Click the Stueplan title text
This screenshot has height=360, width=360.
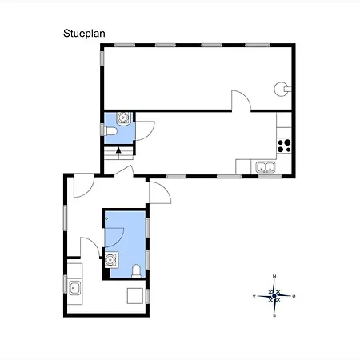(x=84, y=34)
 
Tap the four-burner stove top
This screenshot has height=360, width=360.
(x=284, y=146)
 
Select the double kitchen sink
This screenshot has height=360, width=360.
(x=266, y=167)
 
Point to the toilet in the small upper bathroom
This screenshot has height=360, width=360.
(x=110, y=131)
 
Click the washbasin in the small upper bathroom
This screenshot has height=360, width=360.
(x=123, y=118)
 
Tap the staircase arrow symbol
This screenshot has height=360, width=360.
(x=118, y=150)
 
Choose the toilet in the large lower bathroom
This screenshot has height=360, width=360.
(x=136, y=271)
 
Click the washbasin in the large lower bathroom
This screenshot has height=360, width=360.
(x=110, y=259)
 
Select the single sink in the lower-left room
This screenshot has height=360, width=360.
(x=74, y=288)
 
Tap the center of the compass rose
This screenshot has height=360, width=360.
(x=274, y=296)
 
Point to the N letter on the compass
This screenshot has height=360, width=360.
(x=274, y=276)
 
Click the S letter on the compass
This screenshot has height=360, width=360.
(x=274, y=316)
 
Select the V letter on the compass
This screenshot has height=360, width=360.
(x=254, y=296)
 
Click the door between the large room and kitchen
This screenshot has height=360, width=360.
(x=241, y=101)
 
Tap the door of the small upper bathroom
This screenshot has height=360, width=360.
(x=145, y=130)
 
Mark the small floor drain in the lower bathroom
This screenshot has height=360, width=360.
(x=106, y=218)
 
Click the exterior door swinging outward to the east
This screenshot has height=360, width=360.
(x=160, y=193)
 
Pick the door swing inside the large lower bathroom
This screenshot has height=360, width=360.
(x=114, y=238)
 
